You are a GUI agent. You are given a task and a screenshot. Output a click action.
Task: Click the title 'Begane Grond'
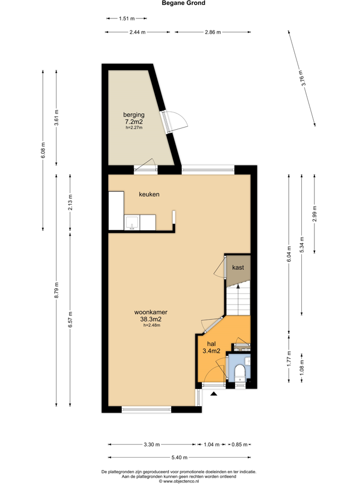click(x=184, y=3)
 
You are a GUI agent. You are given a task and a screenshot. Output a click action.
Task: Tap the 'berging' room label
click(x=134, y=115)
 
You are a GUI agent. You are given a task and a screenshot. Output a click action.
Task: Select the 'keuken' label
click(x=149, y=194)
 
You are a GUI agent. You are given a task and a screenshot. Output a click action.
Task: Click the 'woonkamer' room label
click(x=150, y=312)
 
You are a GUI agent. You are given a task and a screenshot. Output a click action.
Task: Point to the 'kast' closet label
click(x=238, y=268)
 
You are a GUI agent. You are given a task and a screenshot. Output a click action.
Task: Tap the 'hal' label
click(x=211, y=344)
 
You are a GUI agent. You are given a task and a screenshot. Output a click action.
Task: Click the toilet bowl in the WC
click(x=241, y=372)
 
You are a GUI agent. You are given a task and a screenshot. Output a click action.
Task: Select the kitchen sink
click(x=132, y=222)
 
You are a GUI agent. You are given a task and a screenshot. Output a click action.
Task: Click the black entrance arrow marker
click(x=214, y=394)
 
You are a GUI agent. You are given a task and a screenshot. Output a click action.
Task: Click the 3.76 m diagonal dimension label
click(x=302, y=78)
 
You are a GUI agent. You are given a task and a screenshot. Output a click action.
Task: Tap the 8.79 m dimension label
click(x=56, y=290)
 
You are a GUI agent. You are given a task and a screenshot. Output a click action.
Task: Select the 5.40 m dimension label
click(x=179, y=457)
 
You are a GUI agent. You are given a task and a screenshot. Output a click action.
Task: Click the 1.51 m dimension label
click(x=127, y=18)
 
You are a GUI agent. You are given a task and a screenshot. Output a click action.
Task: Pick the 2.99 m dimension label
click(x=314, y=214)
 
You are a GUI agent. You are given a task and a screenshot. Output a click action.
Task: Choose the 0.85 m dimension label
click(x=239, y=445)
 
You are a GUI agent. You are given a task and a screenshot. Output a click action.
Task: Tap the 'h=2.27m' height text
click(x=134, y=128)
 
